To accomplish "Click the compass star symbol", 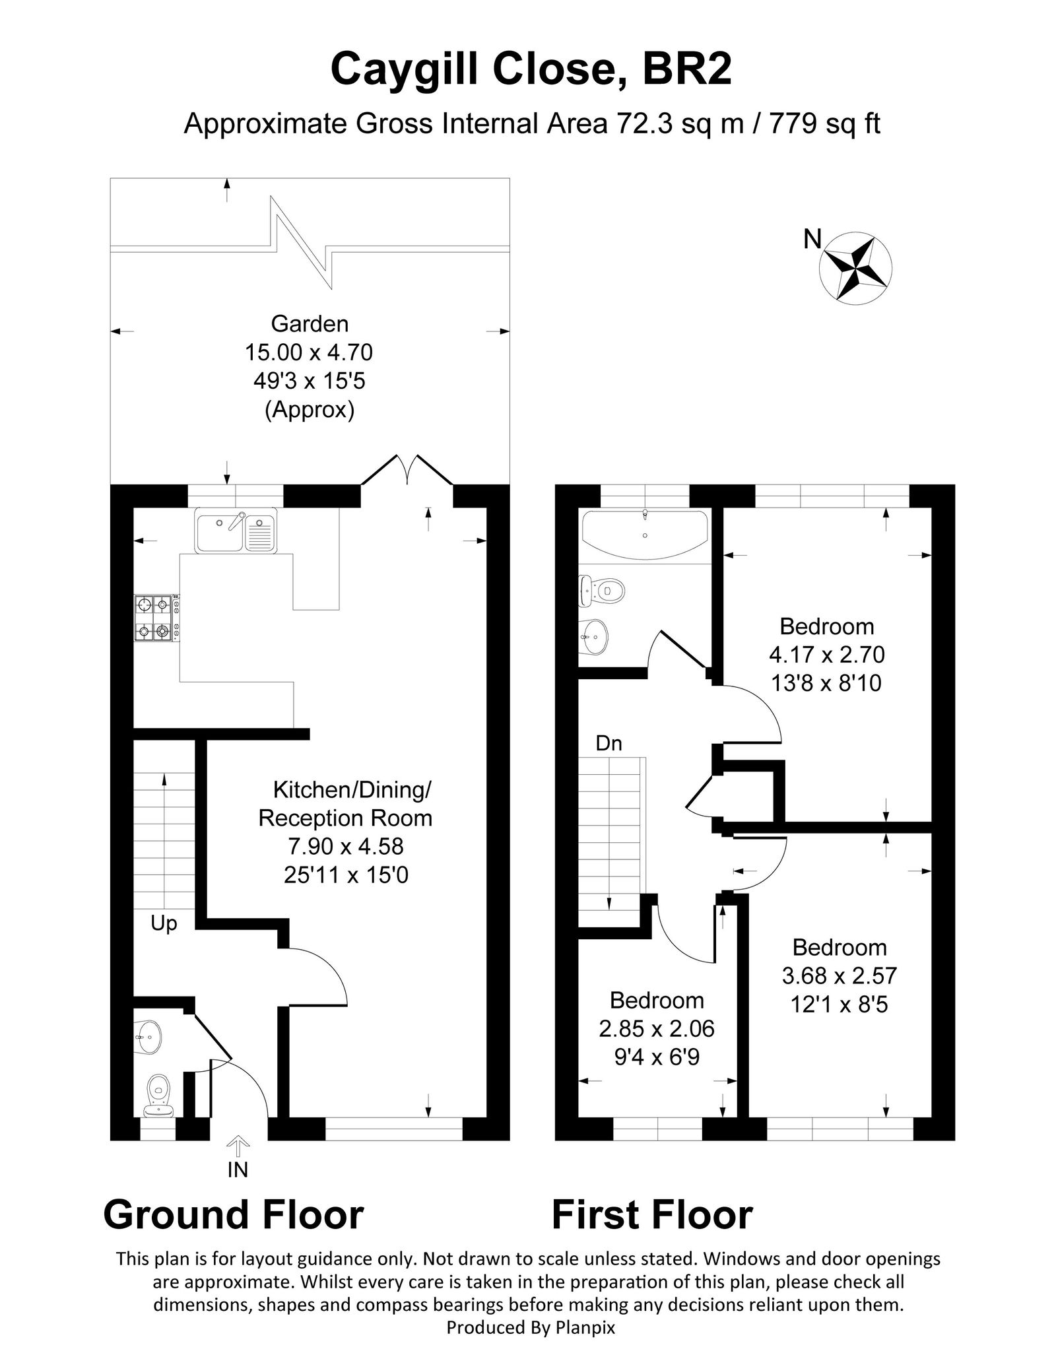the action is coord(855,267).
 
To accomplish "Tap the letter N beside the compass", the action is coord(812,239).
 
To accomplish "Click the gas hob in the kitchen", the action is coord(156,618).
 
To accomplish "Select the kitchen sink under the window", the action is coord(237,530).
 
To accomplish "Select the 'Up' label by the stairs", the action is coord(164,923).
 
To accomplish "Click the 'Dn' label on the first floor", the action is coord(609,743).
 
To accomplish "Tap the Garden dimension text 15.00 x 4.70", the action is coord(309,352).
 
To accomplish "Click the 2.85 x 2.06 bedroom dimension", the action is coord(657,1028).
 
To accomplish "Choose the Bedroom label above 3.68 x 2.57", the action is coord(840,947).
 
